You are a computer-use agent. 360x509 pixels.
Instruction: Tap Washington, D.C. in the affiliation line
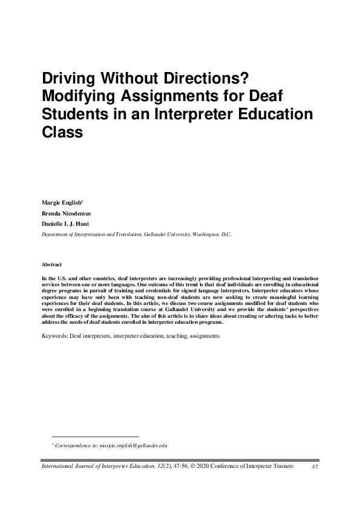click(211, 233)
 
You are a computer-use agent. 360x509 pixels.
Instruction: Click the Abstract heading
click(52, 265)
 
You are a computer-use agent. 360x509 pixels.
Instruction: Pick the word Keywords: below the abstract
click(55, 334)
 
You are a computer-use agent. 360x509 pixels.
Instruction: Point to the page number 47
click(315, 467)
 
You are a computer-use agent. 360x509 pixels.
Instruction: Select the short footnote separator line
click(95, 436)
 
